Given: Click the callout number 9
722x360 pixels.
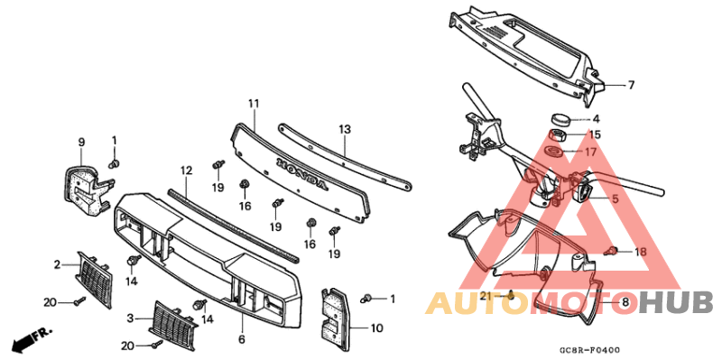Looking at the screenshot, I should tap(80, 142).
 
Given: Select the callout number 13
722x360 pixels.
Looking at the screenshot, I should tap(344, 130).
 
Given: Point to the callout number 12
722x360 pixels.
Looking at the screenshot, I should tap(187, 170).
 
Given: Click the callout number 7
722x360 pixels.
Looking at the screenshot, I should tap(631, 86).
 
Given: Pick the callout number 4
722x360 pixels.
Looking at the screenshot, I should tap(595, 118).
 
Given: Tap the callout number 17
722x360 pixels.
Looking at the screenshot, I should tap(590, 152).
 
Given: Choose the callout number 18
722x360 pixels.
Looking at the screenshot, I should tap(641, 252).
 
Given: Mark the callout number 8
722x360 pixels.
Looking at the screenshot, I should tap(625, 300).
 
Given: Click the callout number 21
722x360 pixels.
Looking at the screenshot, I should tap(484, 295).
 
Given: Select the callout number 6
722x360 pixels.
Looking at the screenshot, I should tap(242, 339).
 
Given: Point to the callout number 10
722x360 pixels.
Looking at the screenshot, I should tap(376, 328).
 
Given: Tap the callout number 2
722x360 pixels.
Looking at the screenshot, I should tap(56, 264).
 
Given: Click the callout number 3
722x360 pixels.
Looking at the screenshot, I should tap(132, 318).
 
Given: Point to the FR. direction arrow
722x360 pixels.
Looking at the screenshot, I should tap(30, 339).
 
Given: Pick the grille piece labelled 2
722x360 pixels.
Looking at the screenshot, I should tap(94, 279).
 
